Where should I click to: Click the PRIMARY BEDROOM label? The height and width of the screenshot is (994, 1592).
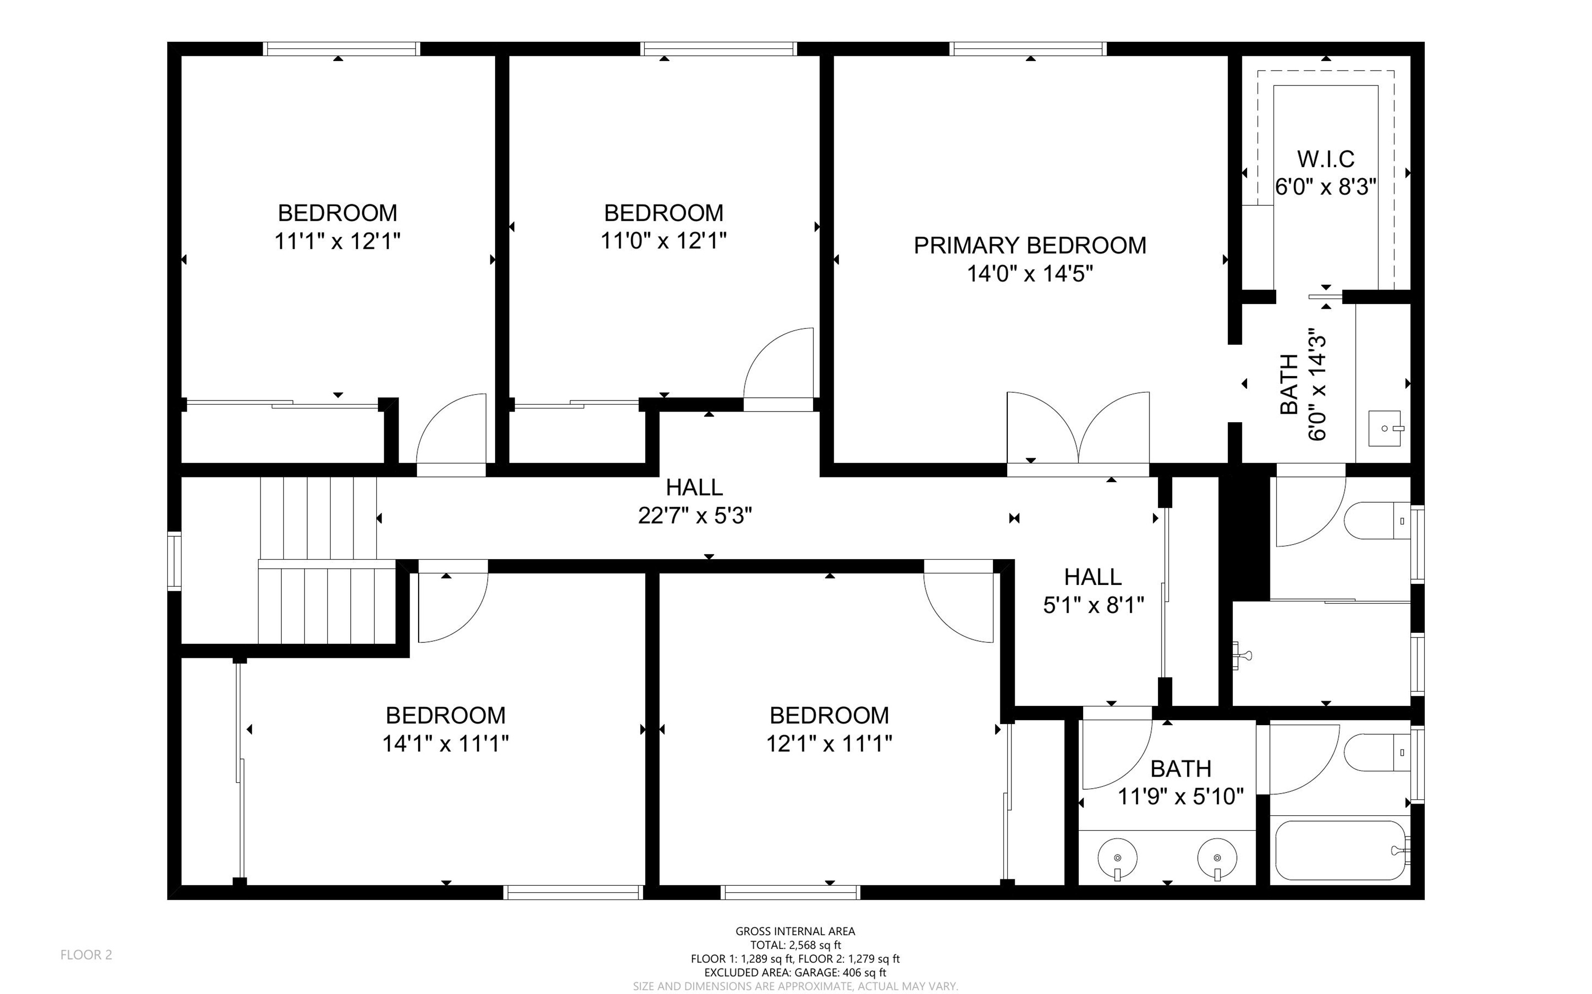(x=1030, y=245)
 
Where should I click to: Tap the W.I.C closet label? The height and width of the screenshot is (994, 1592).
(x=1326, y=159)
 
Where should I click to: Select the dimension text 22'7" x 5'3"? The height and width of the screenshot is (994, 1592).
(x=695, y=516)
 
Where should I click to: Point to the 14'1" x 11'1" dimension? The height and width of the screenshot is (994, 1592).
(x=446, y=744)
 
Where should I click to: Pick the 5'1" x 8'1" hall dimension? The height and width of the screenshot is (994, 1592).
(x=1094, y=605)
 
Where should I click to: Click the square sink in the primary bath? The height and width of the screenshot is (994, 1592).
(x=1386, y=429)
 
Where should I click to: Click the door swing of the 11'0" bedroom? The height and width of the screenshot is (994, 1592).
(x=778, y=368)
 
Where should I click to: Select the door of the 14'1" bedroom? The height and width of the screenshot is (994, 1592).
(x=453, y=601)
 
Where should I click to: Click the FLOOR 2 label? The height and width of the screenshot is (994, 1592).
(x=86, y=955)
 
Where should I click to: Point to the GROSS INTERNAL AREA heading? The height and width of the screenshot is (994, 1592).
(x=795, y=931)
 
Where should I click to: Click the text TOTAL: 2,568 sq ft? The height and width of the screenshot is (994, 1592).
(x=795, y=945)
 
